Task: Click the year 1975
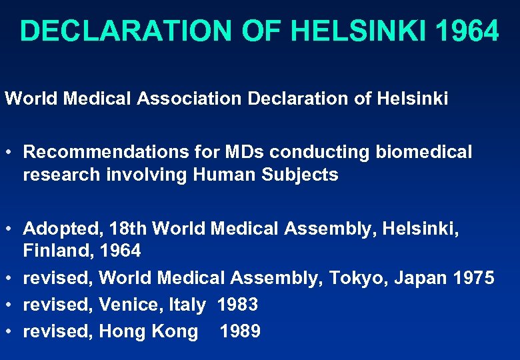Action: (471, 277)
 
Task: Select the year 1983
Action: (237, 305)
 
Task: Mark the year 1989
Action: (240, 331)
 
